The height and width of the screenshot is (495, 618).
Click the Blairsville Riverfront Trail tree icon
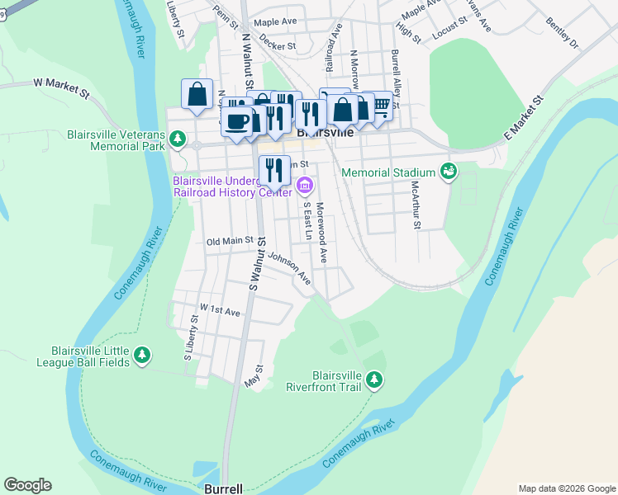click(x=375, y=379)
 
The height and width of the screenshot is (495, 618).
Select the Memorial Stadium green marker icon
click(x=449, y=172)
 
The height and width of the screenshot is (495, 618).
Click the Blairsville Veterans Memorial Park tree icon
click(x=178, y=139)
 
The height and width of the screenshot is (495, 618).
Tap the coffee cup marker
click(x=237, y=121)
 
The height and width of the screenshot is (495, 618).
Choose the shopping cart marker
click(x=379, y=107)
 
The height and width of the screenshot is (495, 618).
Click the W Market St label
click(x=60, y=85)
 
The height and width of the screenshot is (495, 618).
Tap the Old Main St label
click(x=229, y=242)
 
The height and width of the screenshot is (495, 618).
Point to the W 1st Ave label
click(x=219, y=311)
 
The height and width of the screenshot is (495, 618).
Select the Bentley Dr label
click(x=562, y=32)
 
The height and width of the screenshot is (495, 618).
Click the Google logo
click(x=27, y=485)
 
